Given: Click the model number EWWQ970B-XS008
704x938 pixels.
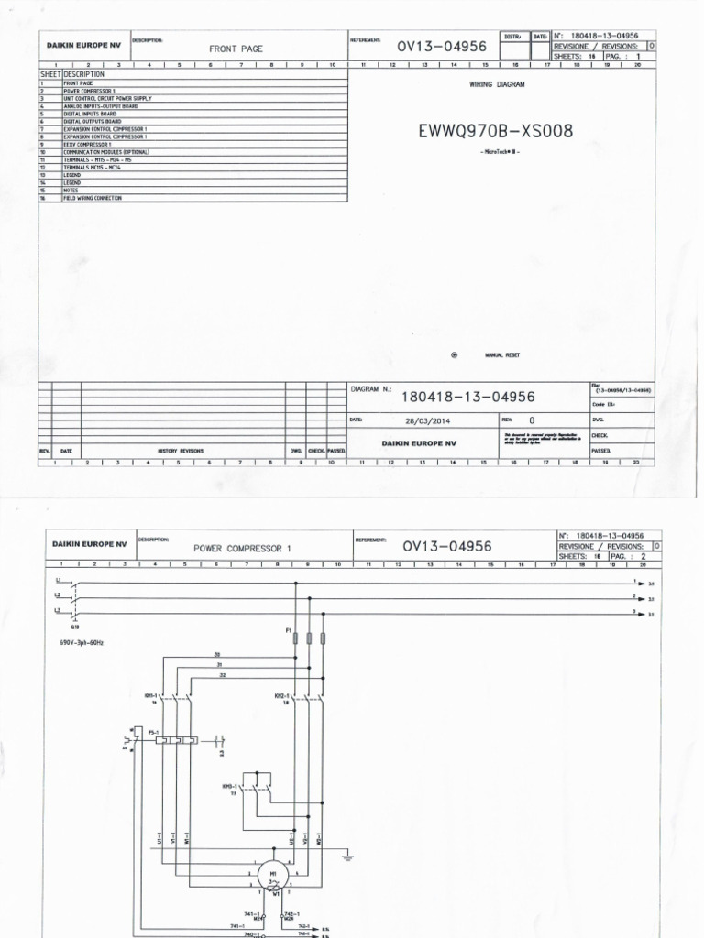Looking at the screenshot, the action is pyautogui.click(x=495, y=131).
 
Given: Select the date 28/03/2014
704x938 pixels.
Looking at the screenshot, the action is pyautogui.click(x=427, y=420).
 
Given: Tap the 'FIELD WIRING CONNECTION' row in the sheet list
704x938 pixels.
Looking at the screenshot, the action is pyautogui.click(x=92, y=198).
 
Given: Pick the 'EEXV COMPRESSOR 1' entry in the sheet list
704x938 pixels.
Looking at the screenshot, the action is pyautogui.click(x=87, y=144).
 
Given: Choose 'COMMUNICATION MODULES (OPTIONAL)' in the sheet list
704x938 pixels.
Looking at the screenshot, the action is pyautogui.click(x=105, y=151).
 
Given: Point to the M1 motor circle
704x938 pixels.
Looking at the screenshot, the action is pyautogui.click(x=273, y=876).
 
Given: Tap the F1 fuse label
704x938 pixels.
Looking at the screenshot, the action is pyautogui.click(x=289, y=630).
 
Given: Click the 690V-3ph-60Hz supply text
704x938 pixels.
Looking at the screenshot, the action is pyautogui.click(x=81, y=643).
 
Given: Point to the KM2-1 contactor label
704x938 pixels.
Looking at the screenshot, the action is pyautogui.click(x=256, y=695).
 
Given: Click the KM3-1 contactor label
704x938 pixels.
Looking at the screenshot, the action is pyautogui.click(x=229, y=786).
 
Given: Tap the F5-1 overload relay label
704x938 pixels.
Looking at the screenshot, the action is pyautogui.click(x=141, y=731).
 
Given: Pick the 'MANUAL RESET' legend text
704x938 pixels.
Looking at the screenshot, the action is pyautogui.click(x=502, y=354).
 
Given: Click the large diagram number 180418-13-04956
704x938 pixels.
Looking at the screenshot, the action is pyautogui.click(x=467, y=397).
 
